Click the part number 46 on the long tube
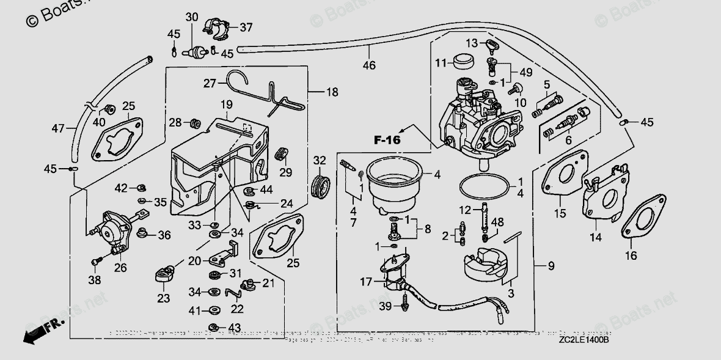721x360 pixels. point(368,65)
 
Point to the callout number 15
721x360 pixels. point(560,213)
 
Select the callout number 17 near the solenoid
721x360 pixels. point(366,282)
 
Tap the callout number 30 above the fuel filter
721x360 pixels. point(192,17)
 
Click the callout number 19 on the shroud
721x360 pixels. point(227,104)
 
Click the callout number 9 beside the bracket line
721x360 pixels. point(551,265)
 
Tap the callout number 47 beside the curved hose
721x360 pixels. point(57,129)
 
